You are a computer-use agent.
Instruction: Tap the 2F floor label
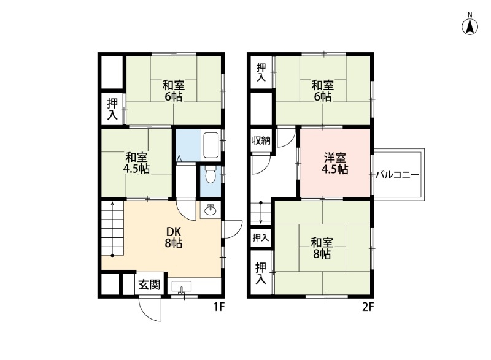[x=368, y=307]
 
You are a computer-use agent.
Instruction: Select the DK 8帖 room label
[x=174, y=237]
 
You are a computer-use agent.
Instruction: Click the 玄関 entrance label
[x=149, y=285]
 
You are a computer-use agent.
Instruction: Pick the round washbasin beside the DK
[x=210, y=211]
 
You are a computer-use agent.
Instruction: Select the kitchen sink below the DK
[x=182, y=286]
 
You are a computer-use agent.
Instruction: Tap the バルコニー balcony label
[x=397, y=175]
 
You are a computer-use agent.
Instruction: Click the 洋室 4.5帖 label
[x=336, y=163]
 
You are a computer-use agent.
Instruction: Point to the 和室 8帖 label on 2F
[x=321, y=248]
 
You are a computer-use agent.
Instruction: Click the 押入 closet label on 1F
[x=112, y=109]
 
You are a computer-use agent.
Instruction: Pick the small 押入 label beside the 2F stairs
[x=261, y=237]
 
